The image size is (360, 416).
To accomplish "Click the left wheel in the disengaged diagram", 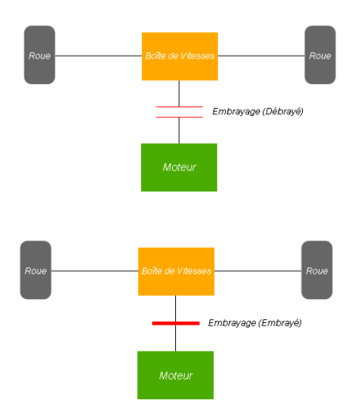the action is [40, 55].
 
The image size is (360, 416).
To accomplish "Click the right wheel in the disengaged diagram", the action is [320, 55].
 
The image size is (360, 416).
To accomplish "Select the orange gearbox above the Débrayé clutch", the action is [180, 56].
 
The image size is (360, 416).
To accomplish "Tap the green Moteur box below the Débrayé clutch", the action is [179, 168].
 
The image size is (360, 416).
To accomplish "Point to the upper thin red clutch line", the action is [179, 106].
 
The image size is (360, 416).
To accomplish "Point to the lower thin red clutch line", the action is [179, 117].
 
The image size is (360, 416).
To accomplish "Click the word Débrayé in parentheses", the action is [283, 111].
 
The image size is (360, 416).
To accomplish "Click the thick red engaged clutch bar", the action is [176, 323].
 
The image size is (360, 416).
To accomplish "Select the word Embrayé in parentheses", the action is [281, 323].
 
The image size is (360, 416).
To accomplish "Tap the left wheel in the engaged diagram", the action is [36, 270].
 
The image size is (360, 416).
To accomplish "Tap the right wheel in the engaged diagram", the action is [317, 270].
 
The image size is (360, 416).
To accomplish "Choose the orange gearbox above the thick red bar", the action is [176, 272].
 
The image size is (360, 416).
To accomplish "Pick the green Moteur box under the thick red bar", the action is [175, 376].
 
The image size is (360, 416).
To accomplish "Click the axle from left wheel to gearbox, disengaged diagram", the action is [98, 56].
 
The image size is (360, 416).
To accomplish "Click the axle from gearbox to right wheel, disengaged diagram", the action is [261, 56].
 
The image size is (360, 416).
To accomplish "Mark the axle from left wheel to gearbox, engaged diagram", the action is [94, 271].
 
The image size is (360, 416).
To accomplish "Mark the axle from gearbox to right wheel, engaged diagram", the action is [258, 271].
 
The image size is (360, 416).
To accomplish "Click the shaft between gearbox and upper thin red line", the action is [179, 93].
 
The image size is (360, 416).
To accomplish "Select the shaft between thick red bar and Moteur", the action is [175, 338].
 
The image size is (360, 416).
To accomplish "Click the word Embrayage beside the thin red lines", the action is [236, 111].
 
